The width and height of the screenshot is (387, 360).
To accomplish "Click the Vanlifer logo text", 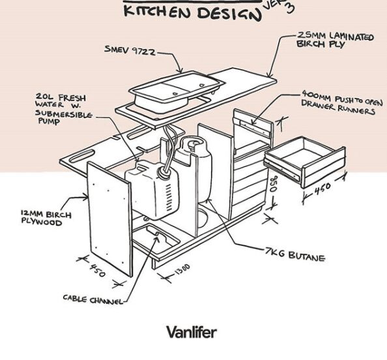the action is pos(192,332).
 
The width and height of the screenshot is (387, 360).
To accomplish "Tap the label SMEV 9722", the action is pos(130,50).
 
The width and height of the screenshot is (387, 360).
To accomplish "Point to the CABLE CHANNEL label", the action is pos(93,299).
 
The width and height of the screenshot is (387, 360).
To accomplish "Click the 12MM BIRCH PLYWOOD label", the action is pos(46,217).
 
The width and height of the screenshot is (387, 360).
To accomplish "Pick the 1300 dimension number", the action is pos(182,269).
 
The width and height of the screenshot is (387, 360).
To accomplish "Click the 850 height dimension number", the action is pos(274,184).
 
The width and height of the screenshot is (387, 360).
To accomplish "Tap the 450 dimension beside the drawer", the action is pos(322,189).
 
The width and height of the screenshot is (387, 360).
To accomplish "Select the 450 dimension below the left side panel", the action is pos(98,270).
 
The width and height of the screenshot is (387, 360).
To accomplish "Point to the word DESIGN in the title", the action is pos(229,14).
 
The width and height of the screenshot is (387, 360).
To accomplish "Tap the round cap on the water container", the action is pos(164,172).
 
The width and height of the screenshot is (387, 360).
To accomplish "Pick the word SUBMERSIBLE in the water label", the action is pos(64,113).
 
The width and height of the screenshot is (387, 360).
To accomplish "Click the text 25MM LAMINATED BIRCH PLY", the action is pos(335,40).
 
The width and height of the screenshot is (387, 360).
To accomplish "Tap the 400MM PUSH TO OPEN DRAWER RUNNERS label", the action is pos(341,102).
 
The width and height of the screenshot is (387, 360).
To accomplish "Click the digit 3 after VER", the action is pos(290,8).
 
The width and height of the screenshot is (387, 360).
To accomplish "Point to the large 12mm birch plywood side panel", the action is pos(109,218).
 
